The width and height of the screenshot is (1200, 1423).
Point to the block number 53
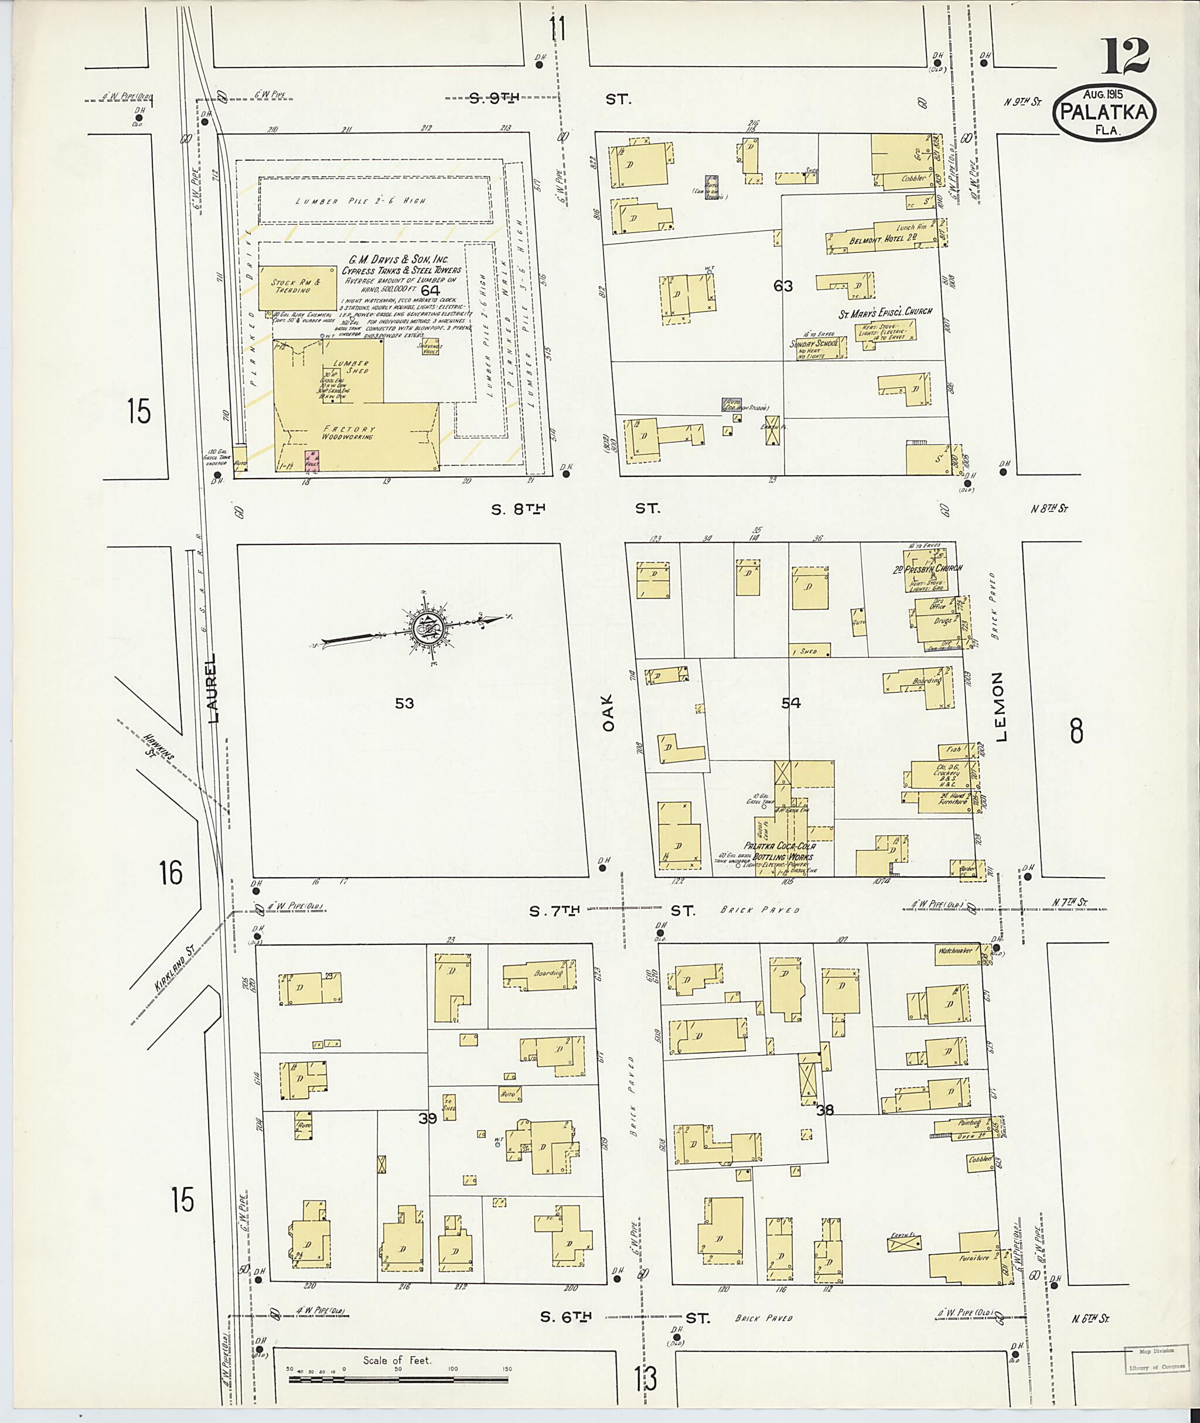404,704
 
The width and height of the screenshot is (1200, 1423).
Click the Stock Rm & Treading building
297,286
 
